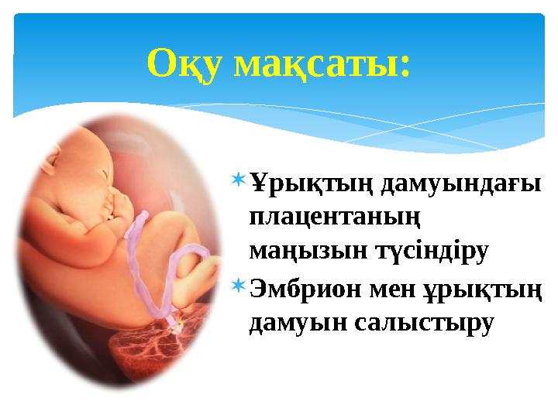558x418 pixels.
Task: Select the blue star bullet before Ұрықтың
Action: coord(239,180)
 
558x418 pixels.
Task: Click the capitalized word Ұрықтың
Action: coord(312,184)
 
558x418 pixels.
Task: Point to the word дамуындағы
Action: coord(461,184)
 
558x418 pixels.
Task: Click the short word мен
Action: coord(392,290)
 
